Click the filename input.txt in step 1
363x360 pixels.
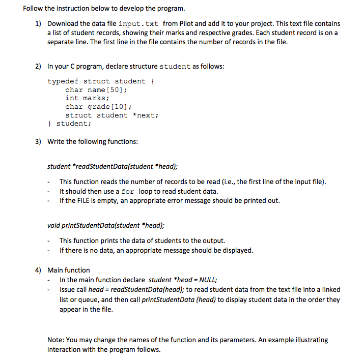pos(138,24)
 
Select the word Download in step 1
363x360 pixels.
pos(65,24)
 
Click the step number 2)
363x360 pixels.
pos(38,67)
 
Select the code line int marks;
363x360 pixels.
pos(87,98)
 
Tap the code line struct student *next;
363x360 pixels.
pos(111,115)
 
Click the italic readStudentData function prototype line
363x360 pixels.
pos(113,166)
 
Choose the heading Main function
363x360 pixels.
pos(69,270)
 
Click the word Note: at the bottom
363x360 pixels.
pos(57,340)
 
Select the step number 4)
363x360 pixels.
pos(38,270)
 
